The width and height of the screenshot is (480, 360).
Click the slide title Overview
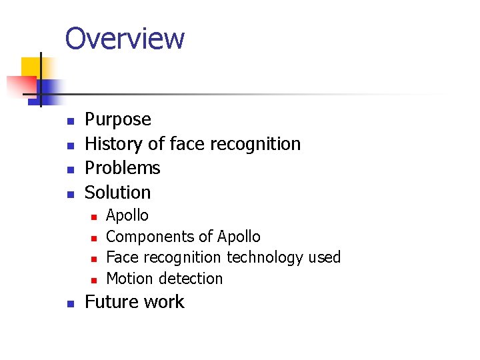point(125,38)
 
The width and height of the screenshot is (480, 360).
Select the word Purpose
point(118,120)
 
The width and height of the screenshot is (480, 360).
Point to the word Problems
point(123,168)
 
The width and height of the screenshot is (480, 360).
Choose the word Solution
point(118,193)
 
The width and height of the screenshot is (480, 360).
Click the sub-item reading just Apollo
point(127,215)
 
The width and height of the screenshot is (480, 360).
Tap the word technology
point(265,257)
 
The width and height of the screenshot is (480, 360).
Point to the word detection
point(191,279)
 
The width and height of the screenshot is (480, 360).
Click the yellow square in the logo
point(30,67)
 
